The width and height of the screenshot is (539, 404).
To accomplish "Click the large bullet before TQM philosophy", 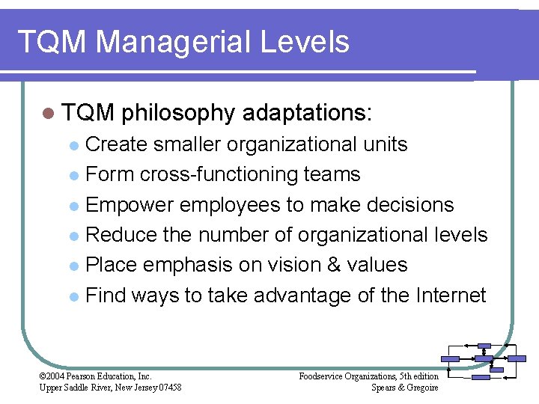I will [x=49, y=114].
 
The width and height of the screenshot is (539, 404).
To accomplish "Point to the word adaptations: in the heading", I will [x=307, y=114].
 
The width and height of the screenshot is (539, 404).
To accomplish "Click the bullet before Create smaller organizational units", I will [x=73, y=145].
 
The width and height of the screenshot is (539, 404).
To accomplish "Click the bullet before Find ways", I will [x=73, y=296].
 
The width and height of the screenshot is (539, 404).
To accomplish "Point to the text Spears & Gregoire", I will [x=404, y=387].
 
